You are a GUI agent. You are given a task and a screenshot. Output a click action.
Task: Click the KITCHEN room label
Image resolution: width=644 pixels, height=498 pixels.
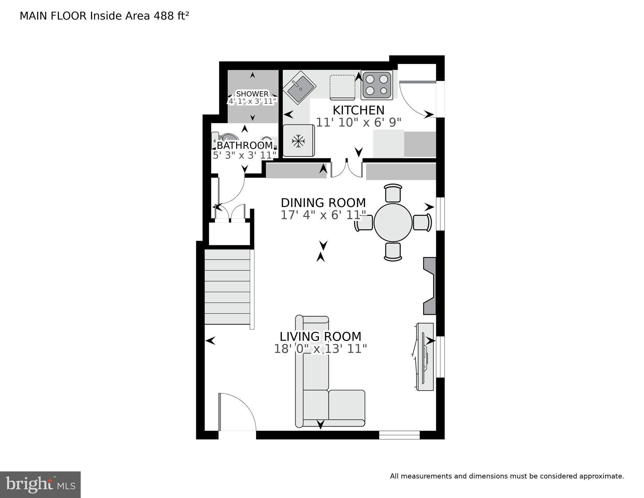pos(358,110)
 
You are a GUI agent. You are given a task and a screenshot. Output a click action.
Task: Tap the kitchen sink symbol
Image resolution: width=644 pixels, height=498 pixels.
pos(299,88)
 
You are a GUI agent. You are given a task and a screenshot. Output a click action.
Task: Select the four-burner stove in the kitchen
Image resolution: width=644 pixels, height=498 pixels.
pos(377,85)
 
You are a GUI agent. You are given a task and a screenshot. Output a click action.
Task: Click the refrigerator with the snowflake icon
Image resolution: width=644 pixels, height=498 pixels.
pos(299,141)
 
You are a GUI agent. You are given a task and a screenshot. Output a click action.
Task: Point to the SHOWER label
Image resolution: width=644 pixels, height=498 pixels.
pos(252,94)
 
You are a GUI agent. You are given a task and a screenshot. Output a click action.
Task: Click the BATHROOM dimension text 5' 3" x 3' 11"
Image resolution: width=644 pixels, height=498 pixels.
pos(245,155)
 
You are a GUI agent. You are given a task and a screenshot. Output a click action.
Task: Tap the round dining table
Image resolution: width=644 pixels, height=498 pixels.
pos(393,223)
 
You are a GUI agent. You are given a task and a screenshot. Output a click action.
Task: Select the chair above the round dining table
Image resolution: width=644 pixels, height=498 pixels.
pos(393,193)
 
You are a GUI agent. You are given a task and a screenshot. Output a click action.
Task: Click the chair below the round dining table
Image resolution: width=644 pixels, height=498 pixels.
pos(393,252)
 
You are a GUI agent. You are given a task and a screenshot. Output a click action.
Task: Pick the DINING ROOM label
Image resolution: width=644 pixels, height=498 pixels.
pos(323,203)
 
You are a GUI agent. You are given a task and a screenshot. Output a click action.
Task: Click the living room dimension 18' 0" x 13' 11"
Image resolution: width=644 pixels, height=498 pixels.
pos(320,349)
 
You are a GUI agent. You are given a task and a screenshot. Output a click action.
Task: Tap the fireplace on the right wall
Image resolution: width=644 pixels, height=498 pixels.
pos(430,286)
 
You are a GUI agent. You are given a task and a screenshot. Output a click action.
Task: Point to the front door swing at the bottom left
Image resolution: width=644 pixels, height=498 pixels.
pos(237,412)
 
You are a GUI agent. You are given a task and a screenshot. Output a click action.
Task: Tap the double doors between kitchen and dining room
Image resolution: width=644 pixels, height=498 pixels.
pos(346,169)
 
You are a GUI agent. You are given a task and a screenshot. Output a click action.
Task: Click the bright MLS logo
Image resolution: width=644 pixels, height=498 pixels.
pos(40,484)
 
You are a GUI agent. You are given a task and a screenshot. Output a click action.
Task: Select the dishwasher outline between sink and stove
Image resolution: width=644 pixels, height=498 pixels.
pos(342,87)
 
